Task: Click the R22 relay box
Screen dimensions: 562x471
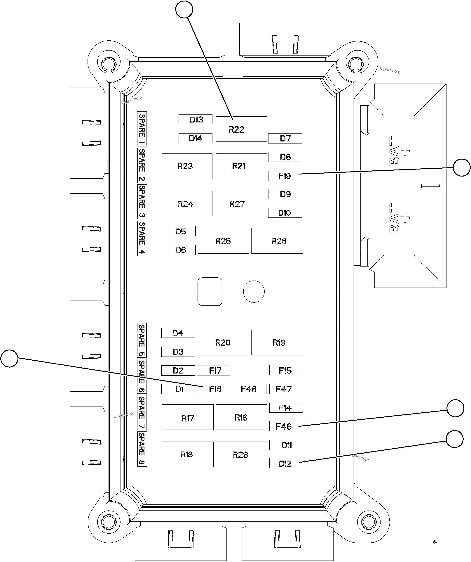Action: tap(241, 129)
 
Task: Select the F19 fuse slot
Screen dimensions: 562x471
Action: tap(285, 176)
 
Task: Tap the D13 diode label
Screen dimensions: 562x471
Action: tap(195, 119)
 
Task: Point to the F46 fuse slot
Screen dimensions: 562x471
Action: tap(286, 426)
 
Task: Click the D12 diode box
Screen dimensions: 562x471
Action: tap(286, 463)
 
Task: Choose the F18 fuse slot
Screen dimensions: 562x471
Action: tap(213, 389)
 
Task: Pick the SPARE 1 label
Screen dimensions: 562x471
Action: tap(142, 129)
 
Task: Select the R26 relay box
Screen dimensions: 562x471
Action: tap(277, 241)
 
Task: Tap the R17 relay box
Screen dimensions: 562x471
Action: tap(187, 417)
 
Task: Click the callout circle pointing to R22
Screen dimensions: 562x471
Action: tap(184, 9)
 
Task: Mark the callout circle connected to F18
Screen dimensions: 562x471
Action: tap(9, 358)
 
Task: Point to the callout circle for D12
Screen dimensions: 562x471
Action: tap(454, 439)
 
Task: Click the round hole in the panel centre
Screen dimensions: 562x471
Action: tap(254, 291)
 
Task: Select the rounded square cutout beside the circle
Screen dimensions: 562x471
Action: tap(210, 291)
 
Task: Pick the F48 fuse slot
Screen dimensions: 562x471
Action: tap(249, 389)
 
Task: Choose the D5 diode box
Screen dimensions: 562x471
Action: tap(179, 231)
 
